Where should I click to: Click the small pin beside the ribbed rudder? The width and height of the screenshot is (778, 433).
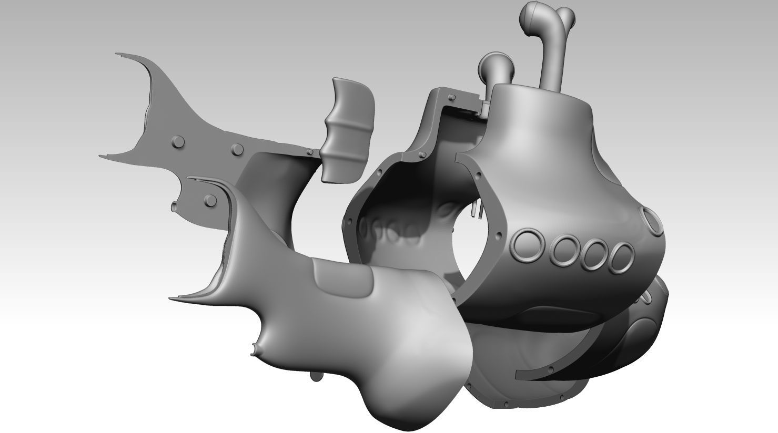click(310, 152)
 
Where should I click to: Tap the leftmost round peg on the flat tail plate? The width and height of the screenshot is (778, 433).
click(177, 142)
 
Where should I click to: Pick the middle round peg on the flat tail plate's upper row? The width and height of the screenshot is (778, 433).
click(238, 149)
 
